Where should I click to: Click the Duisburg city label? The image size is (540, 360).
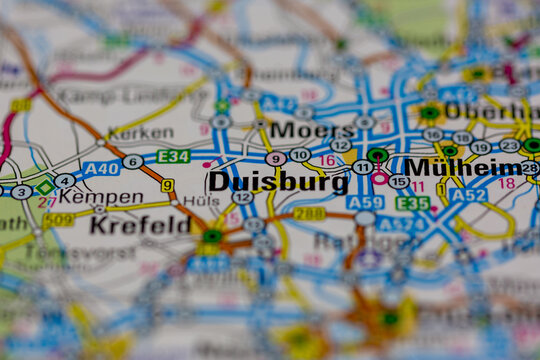[x=264, y=182]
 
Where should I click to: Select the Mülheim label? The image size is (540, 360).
[x=463, y=167]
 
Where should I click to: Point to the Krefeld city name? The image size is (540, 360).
[x=139, y=225]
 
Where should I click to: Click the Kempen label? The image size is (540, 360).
[x=101, y=196]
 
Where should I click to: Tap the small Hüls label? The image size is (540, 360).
[x=201, y=200]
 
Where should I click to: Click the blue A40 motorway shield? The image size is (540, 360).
[x=101, y=169]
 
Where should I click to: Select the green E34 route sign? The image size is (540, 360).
[x=173, y=157]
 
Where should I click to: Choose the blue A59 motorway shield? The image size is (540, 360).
[x=365, y=202]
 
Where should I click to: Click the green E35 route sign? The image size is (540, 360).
[x=412, y=203]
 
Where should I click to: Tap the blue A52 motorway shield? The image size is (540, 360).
[x=468, y=196]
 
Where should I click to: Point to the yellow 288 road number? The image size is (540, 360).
[x=309, y=214]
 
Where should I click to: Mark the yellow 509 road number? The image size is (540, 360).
[x=58, y=219]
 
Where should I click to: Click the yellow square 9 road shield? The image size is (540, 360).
[x=167, y=185]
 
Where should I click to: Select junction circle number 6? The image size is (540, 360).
[x=132, y=162]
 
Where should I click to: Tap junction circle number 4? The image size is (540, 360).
[x=65, y=181]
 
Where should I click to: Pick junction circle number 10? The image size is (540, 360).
[x=300, y=155]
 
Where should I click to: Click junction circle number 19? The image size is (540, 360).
[x=481, y=148]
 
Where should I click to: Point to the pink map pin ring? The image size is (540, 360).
[x=380, y=177]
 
